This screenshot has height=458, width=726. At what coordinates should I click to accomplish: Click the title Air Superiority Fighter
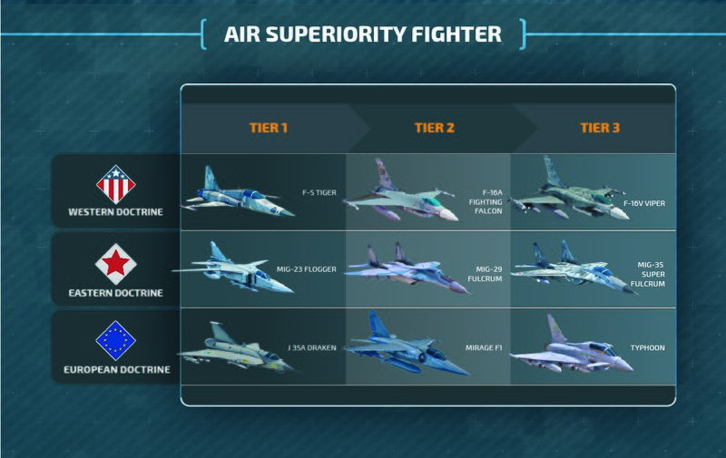363,35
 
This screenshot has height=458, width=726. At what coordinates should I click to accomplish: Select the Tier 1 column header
269,128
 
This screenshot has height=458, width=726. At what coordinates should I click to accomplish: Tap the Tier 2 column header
435,128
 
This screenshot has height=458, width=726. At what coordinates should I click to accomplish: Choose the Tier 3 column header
600,128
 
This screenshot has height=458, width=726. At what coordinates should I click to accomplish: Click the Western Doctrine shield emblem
115,184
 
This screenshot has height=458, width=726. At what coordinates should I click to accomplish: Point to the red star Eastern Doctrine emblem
115,263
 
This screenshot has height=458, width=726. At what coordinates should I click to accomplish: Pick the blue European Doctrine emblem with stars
115,342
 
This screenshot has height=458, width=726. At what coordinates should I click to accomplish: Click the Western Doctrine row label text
115,214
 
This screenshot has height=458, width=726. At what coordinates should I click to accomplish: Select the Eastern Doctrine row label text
115,293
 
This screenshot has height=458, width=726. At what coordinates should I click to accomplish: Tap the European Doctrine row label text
115,371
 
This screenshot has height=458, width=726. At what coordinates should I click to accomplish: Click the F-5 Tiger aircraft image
238,194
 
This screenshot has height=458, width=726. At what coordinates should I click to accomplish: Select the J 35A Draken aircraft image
232,350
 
